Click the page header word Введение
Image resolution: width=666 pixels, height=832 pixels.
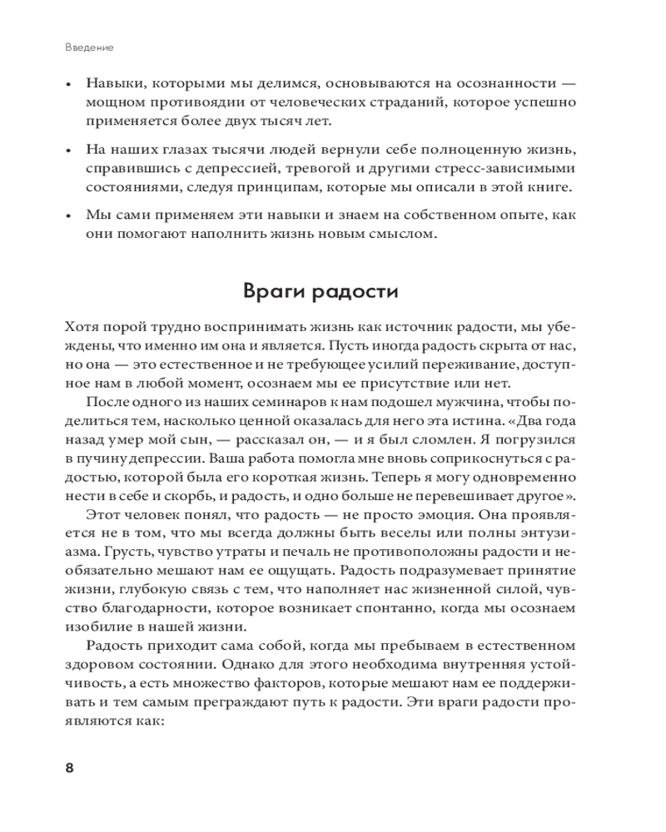point(89,47)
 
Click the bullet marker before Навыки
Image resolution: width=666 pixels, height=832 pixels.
point(68,85)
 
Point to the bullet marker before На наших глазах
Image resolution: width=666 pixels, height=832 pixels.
point(68,150)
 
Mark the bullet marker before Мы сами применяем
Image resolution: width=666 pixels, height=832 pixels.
point(68,215)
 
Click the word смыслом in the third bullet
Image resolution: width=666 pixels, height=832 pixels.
point(394,235)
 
